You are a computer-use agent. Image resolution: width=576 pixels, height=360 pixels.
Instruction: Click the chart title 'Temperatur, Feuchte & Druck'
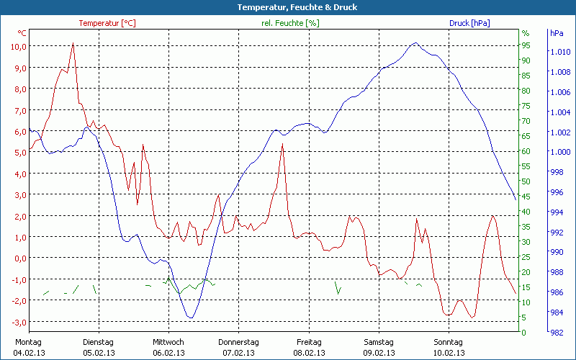[x=287, y=7]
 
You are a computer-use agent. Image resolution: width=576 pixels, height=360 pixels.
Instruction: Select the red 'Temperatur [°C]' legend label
[x=107, y=23]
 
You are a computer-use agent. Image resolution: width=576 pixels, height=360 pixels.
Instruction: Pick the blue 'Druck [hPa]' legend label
[x=469, y=23]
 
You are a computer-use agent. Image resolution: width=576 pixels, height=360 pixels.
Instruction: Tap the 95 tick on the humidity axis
[x=526, y=45]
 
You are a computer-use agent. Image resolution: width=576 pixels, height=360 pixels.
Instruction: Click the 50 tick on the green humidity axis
[x=526, y=181]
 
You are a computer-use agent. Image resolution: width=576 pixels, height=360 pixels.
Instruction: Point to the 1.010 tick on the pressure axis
[x=559, y=52]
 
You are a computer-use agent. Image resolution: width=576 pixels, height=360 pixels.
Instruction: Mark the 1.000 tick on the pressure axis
[x=559, y=152]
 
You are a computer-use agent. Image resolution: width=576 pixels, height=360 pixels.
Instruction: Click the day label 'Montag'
[x=28, y=342]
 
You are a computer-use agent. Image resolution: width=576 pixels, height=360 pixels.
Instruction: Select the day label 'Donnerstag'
[x=238, y=342]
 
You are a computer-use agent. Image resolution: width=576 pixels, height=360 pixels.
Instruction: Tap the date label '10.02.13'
[x=449, y=353]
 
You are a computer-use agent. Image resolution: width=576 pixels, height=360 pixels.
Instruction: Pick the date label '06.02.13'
[x=168, y=353]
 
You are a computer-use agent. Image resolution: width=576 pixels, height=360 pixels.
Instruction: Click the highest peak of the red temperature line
[x=73, y=43]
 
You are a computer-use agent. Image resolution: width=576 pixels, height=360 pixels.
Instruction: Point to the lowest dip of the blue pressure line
[x=190, y=317]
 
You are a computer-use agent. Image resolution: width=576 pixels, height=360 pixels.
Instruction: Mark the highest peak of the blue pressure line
[x=415, y=43]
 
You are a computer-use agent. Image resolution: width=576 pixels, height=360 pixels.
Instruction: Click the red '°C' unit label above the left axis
[x=22, y=33]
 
